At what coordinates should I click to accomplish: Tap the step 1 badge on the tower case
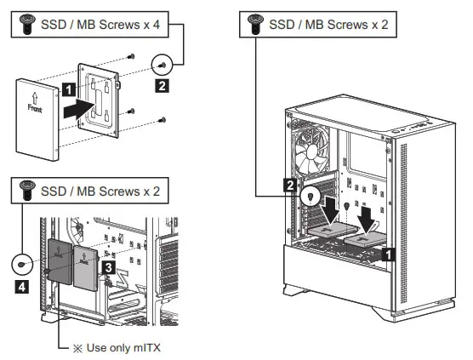pyautogui.click(x=388, y=253)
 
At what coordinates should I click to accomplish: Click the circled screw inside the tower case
pyautogui.click(x=313, y=195)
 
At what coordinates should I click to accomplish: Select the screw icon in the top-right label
pyautogui.click(x=253, y=26)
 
